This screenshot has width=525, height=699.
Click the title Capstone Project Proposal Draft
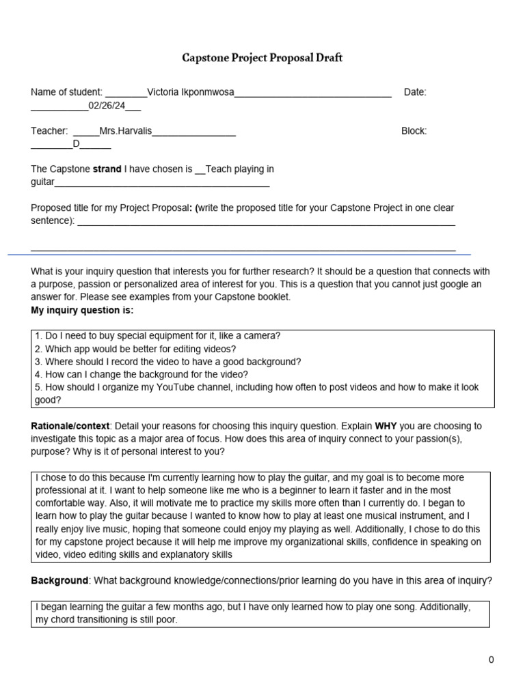pos(262,58)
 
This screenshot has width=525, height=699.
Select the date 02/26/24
pos(106,106)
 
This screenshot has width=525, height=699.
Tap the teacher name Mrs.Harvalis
pos(126,130)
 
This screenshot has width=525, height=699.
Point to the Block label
pos(414,130)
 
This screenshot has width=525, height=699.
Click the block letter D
pos(77,144)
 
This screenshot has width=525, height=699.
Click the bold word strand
pos(107,169)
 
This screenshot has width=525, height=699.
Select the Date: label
pos(415,92)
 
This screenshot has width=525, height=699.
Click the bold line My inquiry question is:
pos(83,310)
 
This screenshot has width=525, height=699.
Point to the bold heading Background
pos(59,580)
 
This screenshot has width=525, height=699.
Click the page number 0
pos(491,659)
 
